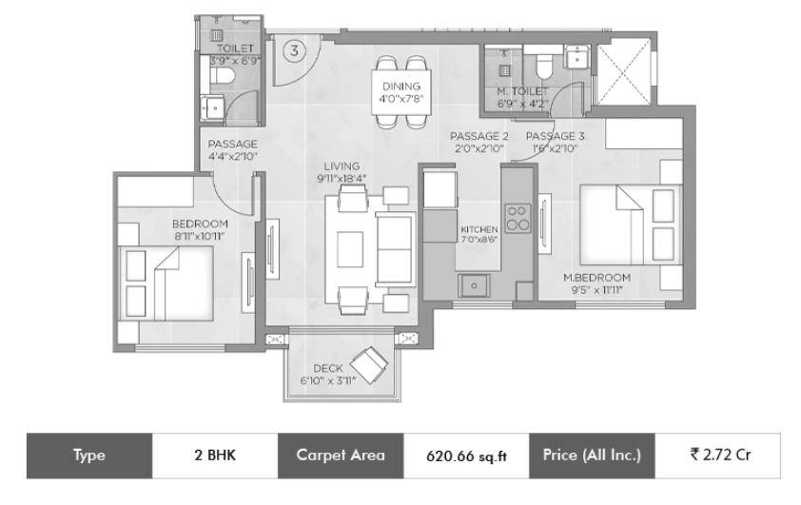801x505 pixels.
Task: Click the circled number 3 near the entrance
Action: click(294, 50)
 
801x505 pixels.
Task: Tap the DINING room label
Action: click(401, 87)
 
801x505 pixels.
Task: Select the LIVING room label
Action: click(342, 166)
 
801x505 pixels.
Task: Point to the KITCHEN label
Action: click(479, 229)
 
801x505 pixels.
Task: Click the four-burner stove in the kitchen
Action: click(518, 218)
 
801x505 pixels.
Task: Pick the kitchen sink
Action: click(474, 285)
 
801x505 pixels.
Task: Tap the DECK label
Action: click(328, 368)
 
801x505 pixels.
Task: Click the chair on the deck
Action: click(368, 365)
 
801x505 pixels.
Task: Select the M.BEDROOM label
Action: click(596, 278)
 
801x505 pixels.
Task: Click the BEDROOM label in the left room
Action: click(200, 223)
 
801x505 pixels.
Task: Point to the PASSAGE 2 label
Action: click(479, 136)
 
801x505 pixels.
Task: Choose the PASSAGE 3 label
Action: click(555, 136)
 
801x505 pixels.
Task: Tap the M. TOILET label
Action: click(522, 92)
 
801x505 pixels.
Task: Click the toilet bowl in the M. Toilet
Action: click(544, 67)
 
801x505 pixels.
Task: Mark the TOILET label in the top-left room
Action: click(236, 49)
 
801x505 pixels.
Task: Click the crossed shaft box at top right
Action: click(624, 71)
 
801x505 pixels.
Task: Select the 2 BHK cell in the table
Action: click(215, 456)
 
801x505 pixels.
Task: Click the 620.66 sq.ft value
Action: click(466, 456)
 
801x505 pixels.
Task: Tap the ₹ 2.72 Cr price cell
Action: click(718, 456)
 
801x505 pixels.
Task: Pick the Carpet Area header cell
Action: click(341, 456)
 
